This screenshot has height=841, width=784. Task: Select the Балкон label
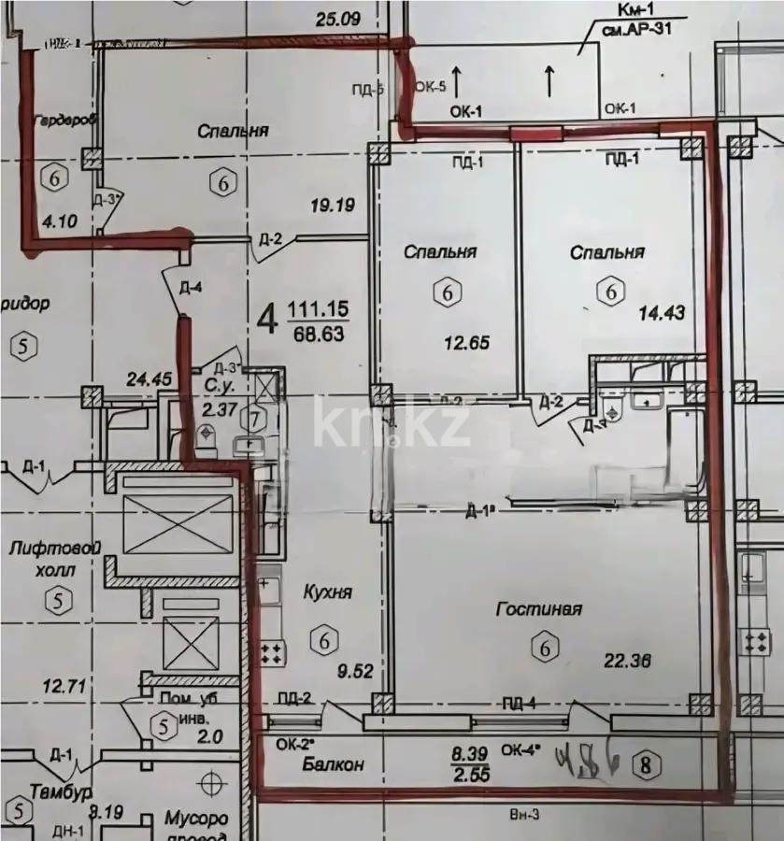[x=332, y=764]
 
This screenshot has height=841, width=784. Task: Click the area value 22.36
[x=626, y=661]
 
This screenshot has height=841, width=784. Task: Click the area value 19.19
[x=333, y=203]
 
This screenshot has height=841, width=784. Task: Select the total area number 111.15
[x=317, y=308]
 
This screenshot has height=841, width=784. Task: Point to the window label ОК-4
[x=519, y=748]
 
